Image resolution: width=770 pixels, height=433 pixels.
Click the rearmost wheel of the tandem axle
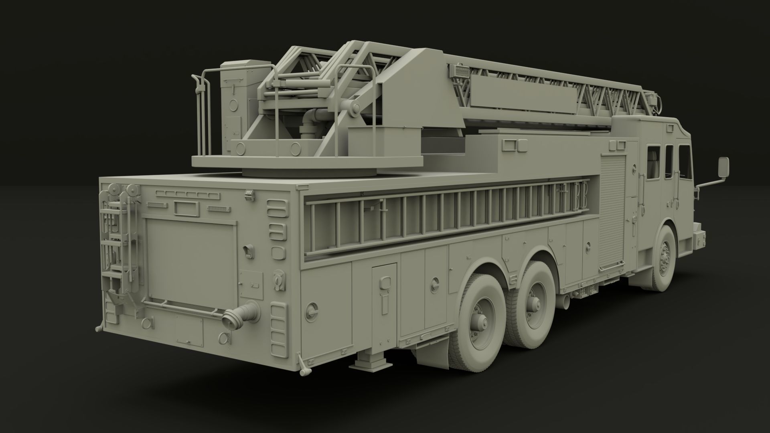coord(478,323)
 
